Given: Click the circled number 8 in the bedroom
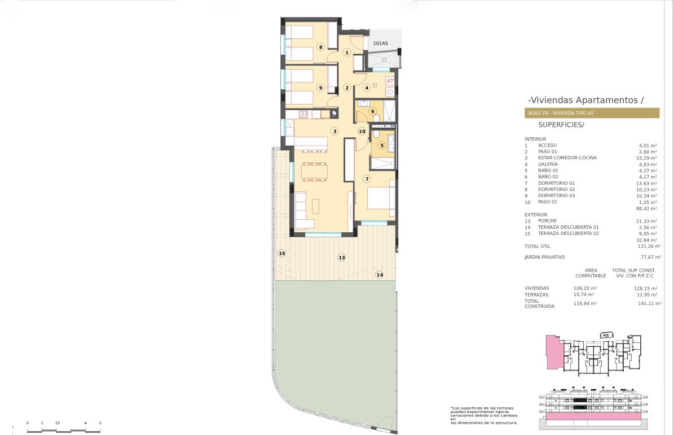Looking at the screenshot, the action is (x=320, y=47).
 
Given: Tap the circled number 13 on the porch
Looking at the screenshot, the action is (x=342, y=258).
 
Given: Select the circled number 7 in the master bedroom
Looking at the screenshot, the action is (x=367, y=179).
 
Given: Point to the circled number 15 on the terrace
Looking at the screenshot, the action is (x=281, y=254).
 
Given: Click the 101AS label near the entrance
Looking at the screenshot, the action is (x=380, y=43).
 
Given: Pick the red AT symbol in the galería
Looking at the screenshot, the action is (x=390, y=81).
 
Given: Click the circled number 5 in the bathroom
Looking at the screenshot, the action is (x=382, y=145).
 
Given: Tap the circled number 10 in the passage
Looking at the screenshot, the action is (x=362, y=131).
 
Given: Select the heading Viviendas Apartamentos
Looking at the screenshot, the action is (x=586, y=100).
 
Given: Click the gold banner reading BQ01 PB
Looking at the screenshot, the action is (x=592, y=113).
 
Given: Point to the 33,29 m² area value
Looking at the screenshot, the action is (x=646, y=158).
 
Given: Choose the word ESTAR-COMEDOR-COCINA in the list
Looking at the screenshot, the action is (x=567, y=158).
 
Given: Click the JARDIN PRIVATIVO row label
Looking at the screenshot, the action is (x=545, y=258).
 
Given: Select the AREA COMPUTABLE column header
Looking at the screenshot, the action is (x=590, y=273).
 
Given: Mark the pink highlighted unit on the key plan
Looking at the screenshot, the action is (x=553, y=352).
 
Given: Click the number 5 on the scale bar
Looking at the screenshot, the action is (x=100, y=423).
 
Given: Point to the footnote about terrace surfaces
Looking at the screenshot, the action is (x=484, y=415).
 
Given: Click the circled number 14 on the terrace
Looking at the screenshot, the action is (x=379, y=275).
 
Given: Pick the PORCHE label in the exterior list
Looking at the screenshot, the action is (x=547, y=221).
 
